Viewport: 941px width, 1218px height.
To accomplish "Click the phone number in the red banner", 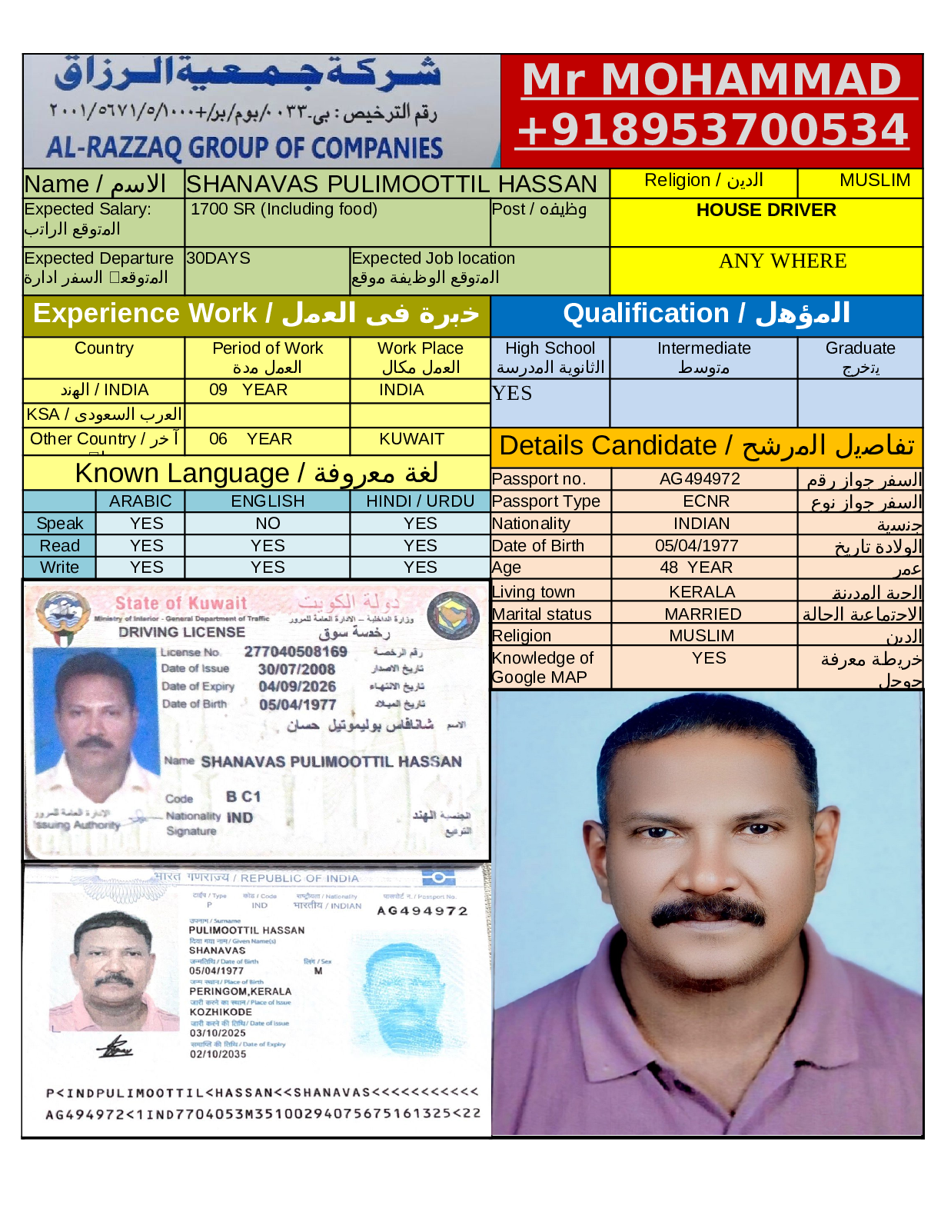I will (712, 130).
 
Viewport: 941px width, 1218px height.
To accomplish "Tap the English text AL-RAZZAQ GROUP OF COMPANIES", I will (244, 148).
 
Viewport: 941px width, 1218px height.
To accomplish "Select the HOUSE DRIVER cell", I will (766, 210).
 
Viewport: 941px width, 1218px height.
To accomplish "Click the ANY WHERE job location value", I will (783, 261).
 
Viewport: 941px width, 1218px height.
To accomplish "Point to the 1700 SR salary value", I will (284, 209).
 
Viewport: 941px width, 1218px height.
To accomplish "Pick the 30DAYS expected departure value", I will (218, 258).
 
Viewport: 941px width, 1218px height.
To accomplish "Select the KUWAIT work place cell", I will (411, 439).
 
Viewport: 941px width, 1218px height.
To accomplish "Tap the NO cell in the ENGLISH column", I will (268, 524).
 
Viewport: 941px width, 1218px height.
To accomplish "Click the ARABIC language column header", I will (140, 501).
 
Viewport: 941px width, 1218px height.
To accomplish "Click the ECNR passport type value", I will (706, 501).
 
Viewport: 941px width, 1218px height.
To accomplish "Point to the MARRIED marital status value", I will (703, 614).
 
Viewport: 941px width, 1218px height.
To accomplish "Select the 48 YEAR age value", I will (696, 567).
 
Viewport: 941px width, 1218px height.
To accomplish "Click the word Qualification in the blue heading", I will (646, 314).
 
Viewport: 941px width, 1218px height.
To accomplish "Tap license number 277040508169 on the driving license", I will (295, 652).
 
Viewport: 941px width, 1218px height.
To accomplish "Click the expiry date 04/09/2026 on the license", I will (297, 687).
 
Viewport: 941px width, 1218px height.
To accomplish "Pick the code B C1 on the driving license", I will (243, 797).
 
